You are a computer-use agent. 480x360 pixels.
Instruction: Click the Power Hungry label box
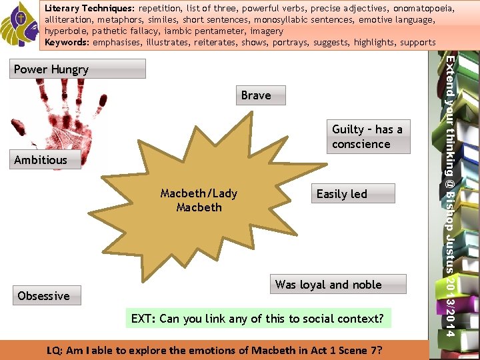click(79, 69)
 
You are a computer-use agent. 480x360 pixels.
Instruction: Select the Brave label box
click(257, 95)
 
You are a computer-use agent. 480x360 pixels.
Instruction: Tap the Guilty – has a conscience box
click(367, 137)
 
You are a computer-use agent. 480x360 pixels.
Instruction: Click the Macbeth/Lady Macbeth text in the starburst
click(199, 201)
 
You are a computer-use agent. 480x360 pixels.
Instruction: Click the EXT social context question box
click(257, 319)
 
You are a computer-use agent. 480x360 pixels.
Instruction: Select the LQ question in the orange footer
click(215, 350)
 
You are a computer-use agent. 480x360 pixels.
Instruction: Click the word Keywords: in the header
click(67, 43)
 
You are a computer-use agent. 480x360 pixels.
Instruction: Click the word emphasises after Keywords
click(121, 43)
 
